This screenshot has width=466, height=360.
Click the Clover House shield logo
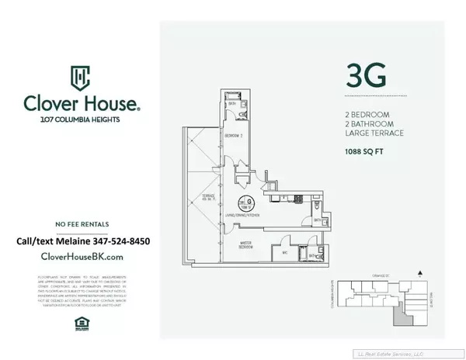click(80, 77)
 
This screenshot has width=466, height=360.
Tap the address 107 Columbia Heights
click(81, 119)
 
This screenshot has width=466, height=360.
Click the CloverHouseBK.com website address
click(81, 256)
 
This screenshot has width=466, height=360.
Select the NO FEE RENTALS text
click(81, 222)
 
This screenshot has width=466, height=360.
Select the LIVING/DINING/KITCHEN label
click(243, 214)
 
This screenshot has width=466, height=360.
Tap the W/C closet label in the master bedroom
click(284, 252)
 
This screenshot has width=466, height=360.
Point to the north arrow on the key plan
click(420, 274)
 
